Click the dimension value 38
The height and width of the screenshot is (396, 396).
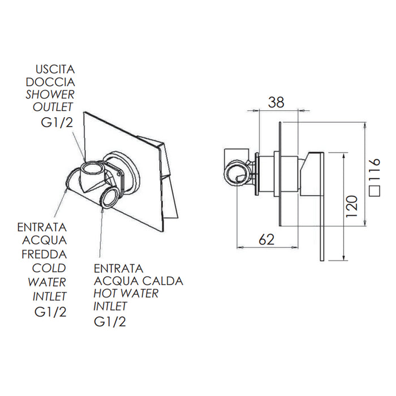(276, 102)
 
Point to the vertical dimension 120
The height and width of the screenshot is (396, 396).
(351, 206)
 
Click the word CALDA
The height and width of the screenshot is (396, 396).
(163, 281)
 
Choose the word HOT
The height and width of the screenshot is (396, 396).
(106, 294)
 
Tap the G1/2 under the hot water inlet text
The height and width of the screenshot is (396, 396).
(110, 322)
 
